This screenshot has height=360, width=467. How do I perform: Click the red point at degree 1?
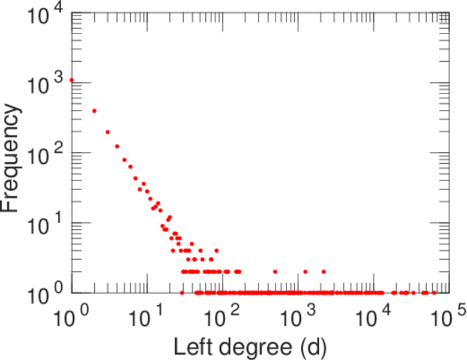point(72,80)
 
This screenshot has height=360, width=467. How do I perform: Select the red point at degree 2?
point(94,111)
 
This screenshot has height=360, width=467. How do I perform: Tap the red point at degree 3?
point(107,132)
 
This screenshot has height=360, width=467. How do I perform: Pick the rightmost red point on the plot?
point(434,293)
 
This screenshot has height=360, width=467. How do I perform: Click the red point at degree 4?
point(117,146)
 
